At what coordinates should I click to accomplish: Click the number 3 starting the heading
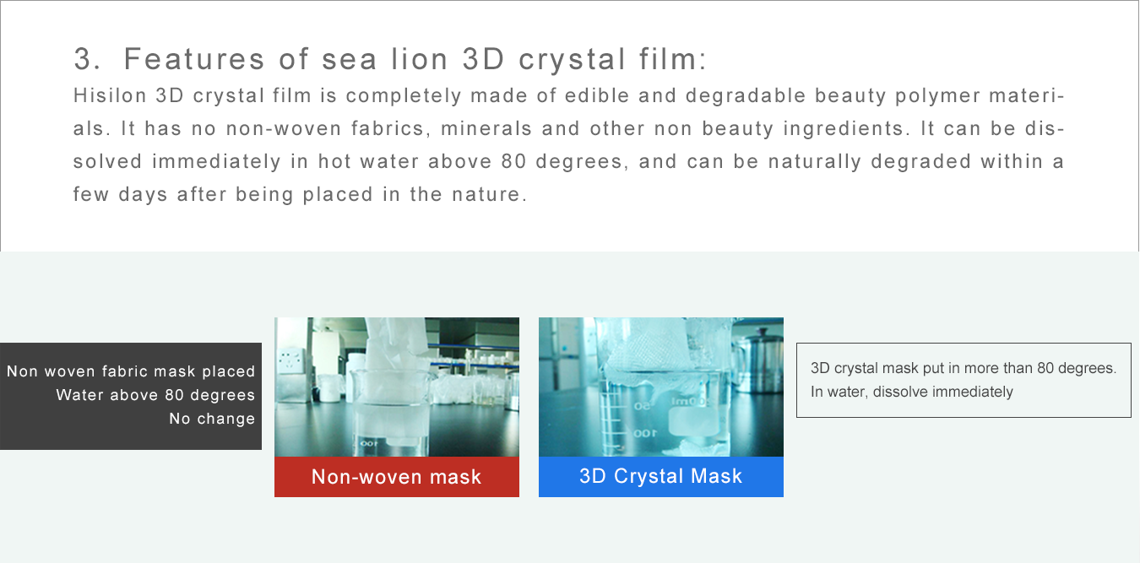coord(84,58)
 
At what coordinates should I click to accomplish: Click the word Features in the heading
coord(194,58)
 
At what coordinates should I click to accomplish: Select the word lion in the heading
coord(420,58)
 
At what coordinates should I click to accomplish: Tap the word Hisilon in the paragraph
coord(110,95)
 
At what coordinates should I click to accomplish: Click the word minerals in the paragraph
coord(486,128)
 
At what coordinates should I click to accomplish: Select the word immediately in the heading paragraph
coord(216,162)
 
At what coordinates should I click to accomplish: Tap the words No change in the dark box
coord(212,419)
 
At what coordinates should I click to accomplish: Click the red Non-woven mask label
coord(396,477)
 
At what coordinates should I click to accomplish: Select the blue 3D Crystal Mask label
coord(660,477)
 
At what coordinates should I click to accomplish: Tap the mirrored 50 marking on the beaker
coord(642,406)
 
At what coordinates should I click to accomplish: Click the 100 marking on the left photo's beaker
coord(369,443)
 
